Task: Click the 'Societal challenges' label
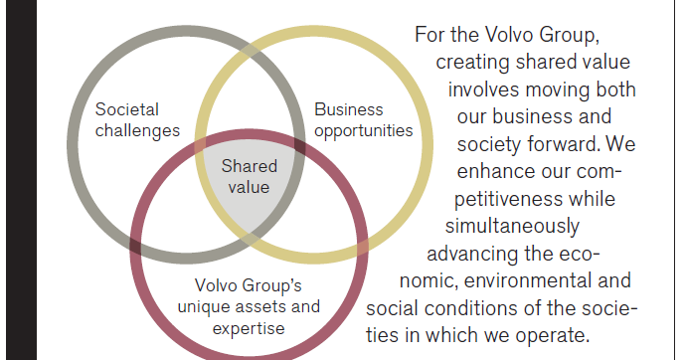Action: (x=136, y=119)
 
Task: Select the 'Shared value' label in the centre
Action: (x=250, y=174)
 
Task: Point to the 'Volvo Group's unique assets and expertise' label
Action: (x=256, y=306)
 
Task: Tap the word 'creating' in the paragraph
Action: (x=472, y=63)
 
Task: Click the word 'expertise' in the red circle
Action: (x=253, y=327)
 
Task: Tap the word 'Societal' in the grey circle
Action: (x=126, y=109)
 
